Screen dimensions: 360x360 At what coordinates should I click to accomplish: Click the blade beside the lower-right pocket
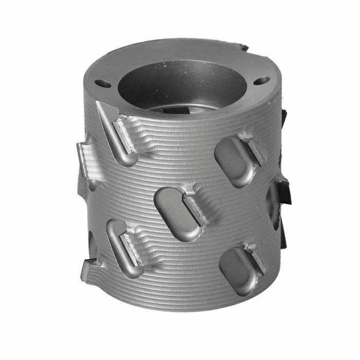(x=255, y=260)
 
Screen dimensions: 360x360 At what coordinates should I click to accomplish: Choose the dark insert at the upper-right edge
(x=282, y=120)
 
